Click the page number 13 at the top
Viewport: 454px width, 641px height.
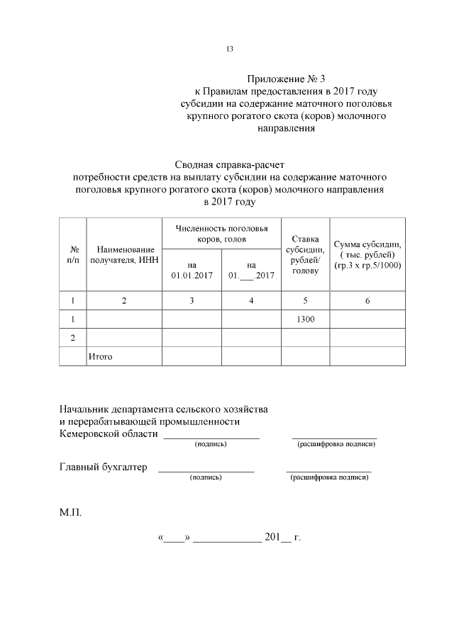tap(229, 49)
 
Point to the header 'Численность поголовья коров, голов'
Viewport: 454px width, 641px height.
tap(222, 234)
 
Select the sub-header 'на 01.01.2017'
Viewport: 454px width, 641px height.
tap(192, 270)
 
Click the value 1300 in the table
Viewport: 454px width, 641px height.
tap(305, 320)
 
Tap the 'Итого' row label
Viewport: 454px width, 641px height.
tap(100, 356)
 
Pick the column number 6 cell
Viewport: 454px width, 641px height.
tap(367, 301)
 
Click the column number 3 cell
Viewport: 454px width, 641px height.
tap(192, 301)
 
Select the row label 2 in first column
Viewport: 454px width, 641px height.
tap(73, 338)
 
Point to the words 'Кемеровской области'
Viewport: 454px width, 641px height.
tap(109, 433)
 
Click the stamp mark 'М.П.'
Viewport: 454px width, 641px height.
tap(71, 509)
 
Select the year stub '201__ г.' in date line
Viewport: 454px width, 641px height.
tap(282, 538)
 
